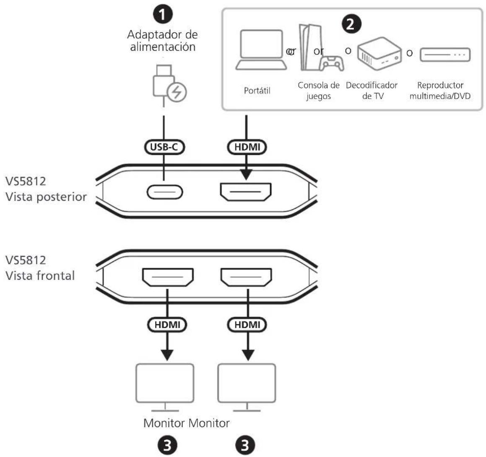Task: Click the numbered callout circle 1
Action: [163, 14]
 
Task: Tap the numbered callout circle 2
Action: [351, 24]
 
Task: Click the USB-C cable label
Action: [164, 147]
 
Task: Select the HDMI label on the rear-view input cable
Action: [247, 147]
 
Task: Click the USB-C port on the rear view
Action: [164, 192]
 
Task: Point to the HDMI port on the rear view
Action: [245, 192]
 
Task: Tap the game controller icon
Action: [331, 63]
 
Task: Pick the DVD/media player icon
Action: [445, 55]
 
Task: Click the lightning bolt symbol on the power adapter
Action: [177, 92]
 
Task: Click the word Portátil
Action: [257, 91]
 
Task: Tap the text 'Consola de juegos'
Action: [319, 91]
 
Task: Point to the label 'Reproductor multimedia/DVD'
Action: [440, 91]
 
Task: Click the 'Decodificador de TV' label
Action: [372, 91]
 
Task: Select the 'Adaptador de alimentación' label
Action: [162, 40]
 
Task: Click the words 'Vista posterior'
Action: [46, 197]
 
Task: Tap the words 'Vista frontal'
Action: [40, 276]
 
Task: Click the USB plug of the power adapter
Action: [164, 80]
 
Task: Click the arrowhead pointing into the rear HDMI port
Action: [246, 174]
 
